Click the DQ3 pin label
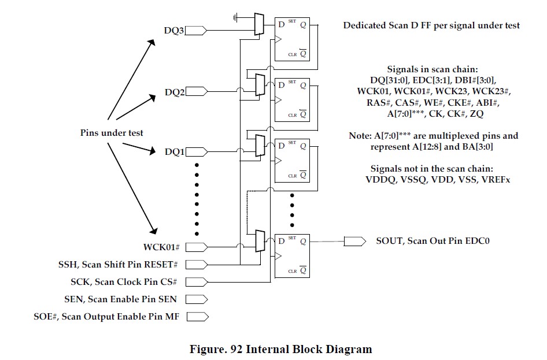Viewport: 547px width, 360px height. tap(174, 29)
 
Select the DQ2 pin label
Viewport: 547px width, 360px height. tap(174, 92)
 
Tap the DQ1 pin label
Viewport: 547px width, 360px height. tap(174, 153)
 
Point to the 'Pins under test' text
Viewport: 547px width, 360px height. tap(112, 133)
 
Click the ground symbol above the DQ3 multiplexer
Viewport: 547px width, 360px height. tap(236, 17)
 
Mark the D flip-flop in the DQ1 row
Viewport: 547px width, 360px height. tap(292, 160)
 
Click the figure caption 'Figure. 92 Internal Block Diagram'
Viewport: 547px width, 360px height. tap(280, 349)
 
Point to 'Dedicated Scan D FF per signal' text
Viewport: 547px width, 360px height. tap(431, 25)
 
